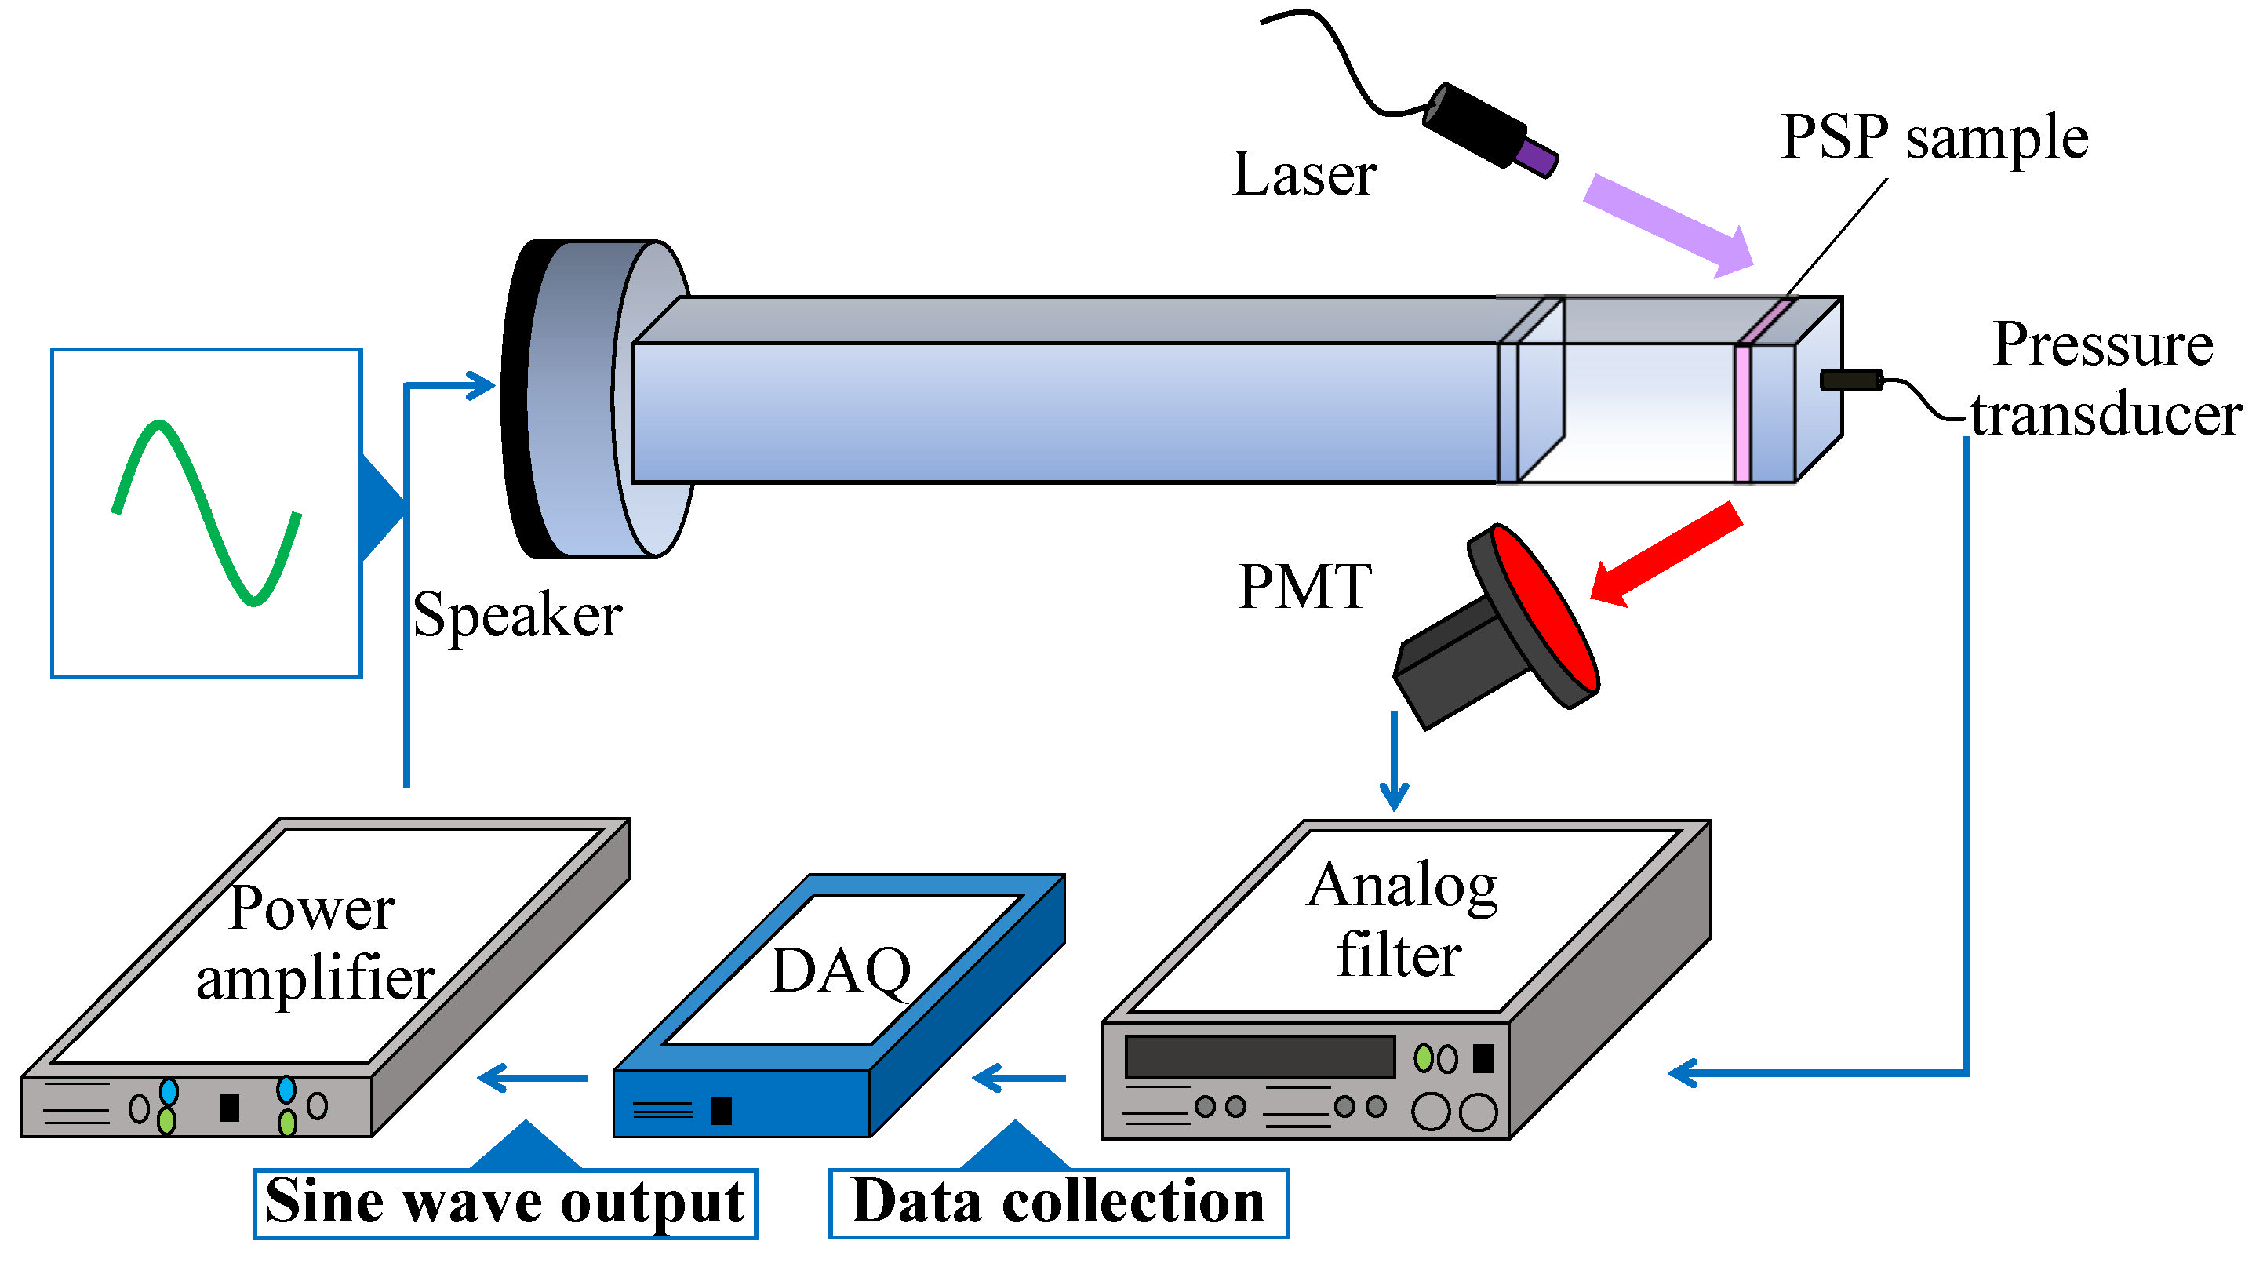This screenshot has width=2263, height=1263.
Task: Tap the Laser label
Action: tap(1304, 174)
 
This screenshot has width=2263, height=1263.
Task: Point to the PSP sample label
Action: tap(1934, 139)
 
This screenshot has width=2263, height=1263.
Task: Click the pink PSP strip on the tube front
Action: tap(1743, 413)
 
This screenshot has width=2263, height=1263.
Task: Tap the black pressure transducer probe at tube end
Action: tap(1850, 380)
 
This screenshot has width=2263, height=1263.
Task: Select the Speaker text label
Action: tap(518, 615)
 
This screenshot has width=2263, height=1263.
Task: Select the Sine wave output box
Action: tap(505, 1203)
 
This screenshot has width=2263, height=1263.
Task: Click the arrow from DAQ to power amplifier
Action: tap(533, 1078)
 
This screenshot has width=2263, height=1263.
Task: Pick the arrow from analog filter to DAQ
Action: tap(1019, 1078)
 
